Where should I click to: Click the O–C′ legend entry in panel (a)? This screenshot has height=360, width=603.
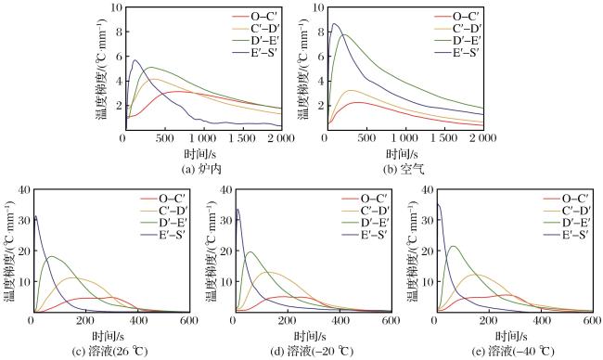254,16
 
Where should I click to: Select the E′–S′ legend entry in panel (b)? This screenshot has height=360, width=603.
456,53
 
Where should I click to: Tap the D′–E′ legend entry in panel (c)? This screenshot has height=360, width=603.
163,223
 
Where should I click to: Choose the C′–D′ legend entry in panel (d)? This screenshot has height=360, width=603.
365,211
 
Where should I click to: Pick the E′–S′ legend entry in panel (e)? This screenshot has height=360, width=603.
566,234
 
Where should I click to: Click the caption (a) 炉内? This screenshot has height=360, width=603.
201,169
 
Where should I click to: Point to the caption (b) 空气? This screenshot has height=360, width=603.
404,169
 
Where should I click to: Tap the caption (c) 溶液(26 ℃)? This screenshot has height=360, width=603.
109,351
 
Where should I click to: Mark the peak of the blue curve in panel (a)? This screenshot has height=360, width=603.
135,60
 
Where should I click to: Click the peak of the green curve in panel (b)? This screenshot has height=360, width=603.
344,34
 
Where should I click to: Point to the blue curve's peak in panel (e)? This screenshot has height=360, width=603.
438,204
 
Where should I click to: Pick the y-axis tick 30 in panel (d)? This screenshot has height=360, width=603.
225,220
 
